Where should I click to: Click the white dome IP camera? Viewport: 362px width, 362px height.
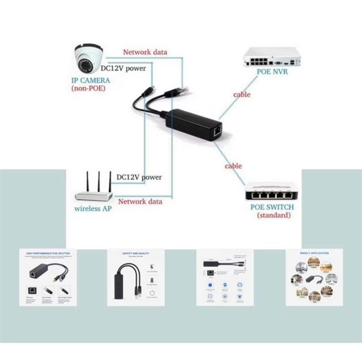pos(89,60)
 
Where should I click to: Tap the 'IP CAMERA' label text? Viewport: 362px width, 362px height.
pos(91,80)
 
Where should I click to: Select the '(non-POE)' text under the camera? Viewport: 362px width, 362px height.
pos(91,89)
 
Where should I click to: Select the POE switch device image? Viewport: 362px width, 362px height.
pos(271,194)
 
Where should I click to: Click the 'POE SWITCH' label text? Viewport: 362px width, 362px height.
pos(272,207)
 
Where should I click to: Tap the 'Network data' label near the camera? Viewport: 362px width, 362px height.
pos(145,52)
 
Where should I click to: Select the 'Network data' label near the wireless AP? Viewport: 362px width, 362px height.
pos(140,201)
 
